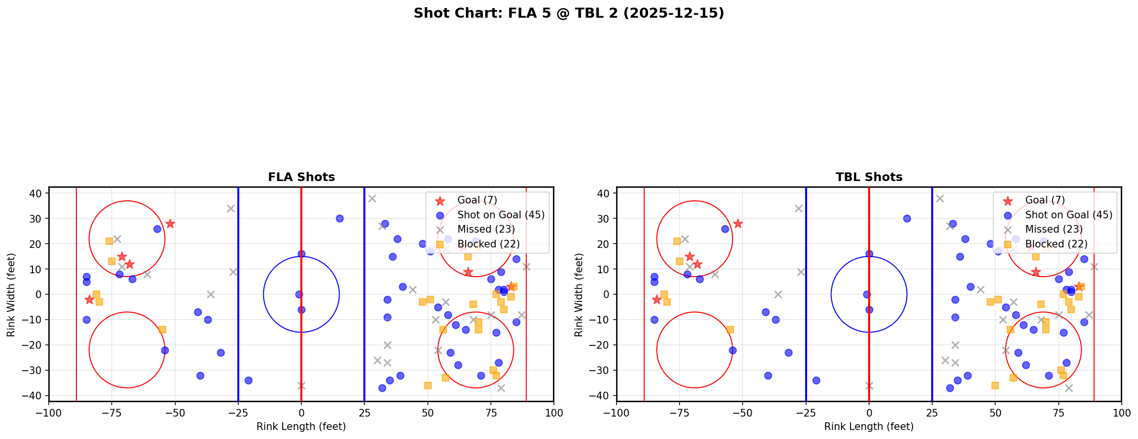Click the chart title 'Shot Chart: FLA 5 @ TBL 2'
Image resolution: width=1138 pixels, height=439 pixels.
coord(569,13)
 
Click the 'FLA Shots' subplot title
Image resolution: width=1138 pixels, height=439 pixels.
coord(301,177)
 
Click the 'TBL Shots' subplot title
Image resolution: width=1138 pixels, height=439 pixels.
coord(869,177)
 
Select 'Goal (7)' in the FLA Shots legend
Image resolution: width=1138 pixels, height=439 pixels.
coord(477,200)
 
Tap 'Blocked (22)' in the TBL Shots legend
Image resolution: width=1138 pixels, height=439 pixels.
coord(1056,244)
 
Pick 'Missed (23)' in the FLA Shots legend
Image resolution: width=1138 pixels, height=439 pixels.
coord(486,229)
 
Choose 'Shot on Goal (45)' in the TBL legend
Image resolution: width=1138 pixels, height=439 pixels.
coord(1068,215)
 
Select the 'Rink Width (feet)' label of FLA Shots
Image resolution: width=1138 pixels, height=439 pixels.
coord(11,294)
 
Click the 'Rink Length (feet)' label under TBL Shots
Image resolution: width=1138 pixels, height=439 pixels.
coord(869,427)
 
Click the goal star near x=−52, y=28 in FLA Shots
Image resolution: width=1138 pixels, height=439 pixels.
coord(170,224)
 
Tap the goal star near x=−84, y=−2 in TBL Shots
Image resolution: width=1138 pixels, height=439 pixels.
coord(657,300)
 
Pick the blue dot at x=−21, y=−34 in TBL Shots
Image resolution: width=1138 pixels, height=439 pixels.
coord(816,381)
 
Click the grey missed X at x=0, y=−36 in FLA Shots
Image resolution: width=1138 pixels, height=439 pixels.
coord(301,385)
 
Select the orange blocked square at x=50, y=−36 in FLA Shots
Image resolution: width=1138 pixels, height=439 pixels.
coord(427,385)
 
